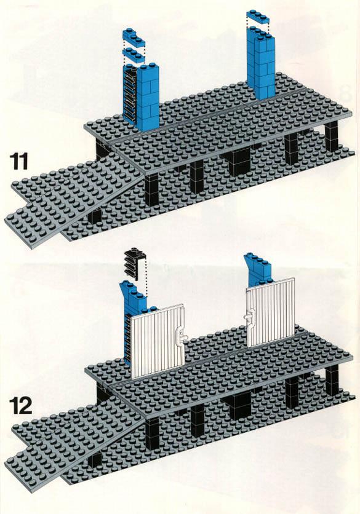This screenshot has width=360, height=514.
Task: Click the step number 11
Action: click(x=19, y=160)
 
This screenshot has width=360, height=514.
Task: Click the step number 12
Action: click(x=20, y=406)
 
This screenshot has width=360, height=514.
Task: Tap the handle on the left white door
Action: click(x=180, y=336)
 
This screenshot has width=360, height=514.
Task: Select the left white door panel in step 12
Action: click(x=158, y=342)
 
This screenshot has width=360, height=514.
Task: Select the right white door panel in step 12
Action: click(x=271, y=312)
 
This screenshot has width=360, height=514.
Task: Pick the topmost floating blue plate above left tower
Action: click(x=134, y=37)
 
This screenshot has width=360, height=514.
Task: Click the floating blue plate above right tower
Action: click(x=258, y=17)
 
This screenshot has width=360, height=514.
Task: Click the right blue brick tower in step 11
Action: click(x=261, y=61)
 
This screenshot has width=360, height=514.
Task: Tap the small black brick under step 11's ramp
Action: click(x=95, y=216)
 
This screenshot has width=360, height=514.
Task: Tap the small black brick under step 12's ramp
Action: click(x=95, y=461)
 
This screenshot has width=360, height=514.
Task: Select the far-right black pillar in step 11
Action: click(x=332, y=136)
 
